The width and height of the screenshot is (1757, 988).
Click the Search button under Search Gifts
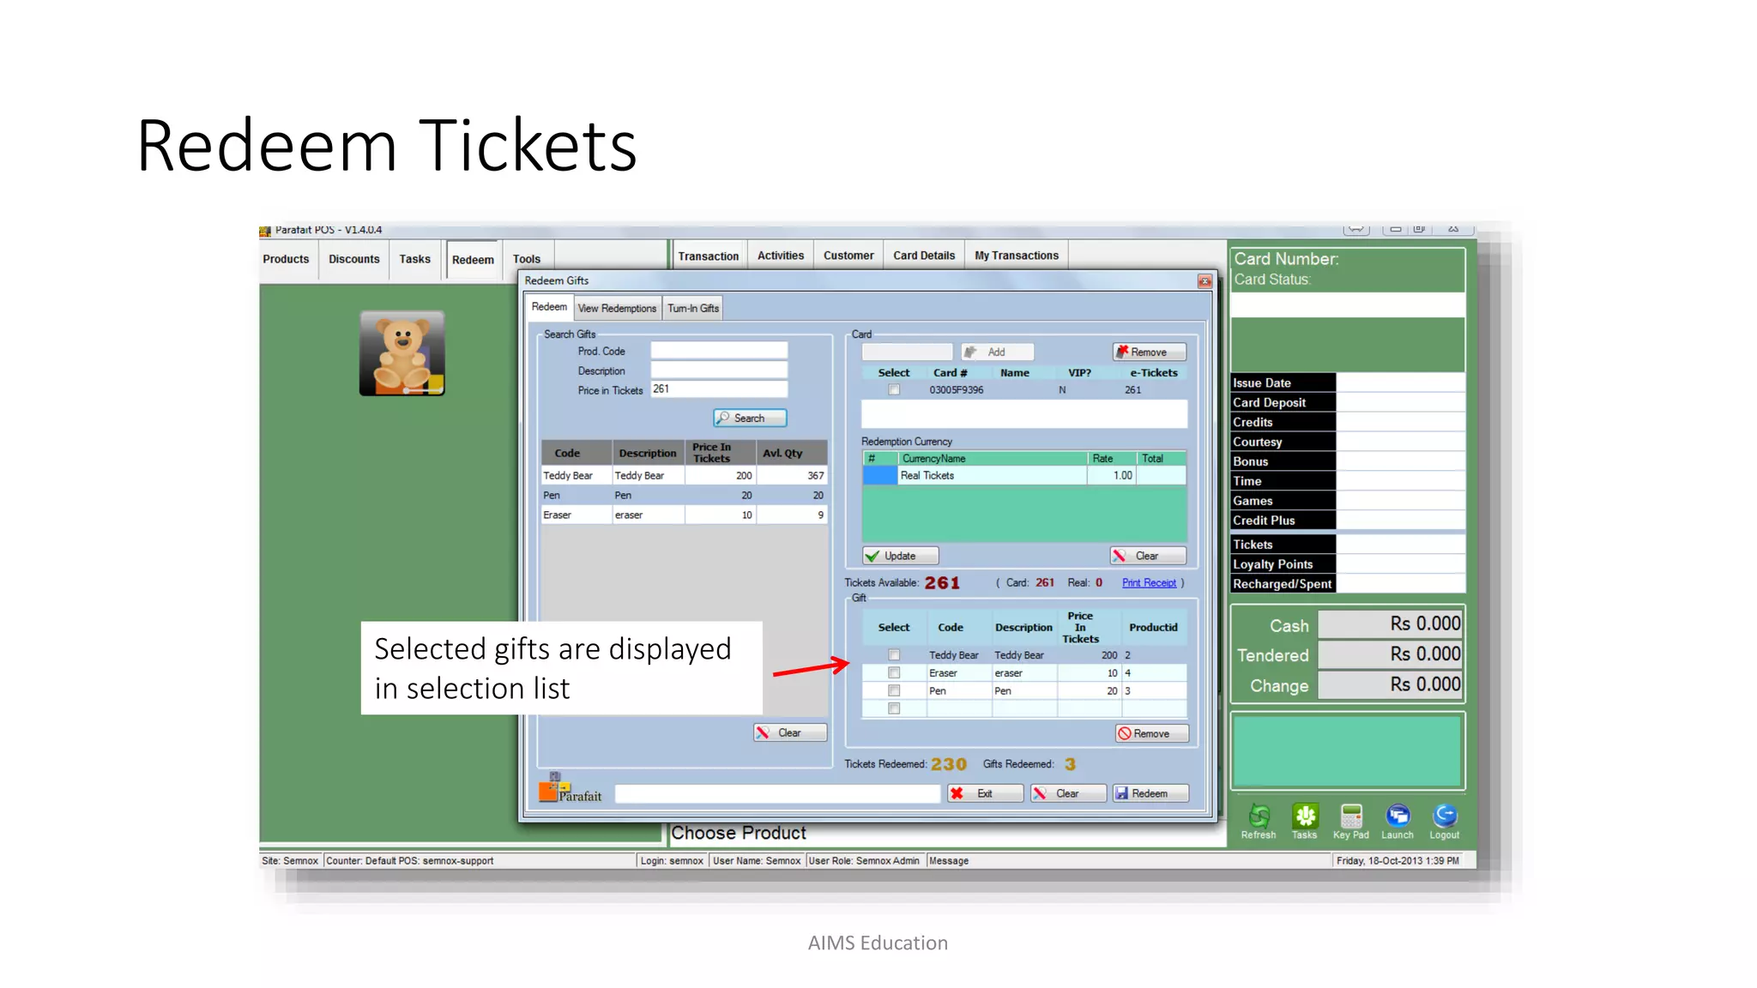tap(749, 418)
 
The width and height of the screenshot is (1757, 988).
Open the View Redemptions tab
tap(617, 308)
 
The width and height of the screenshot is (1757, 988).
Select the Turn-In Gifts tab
tap(692, 308)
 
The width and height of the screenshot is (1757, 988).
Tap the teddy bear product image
tap(402, 353)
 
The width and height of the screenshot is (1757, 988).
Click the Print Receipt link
tap(1149, 583)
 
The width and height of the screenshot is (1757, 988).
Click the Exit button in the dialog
tap(984, 793)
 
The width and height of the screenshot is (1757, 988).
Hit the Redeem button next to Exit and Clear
tap(1150, 793)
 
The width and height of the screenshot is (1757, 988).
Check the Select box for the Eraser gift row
tap(894, 673)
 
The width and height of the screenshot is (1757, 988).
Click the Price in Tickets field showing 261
tap(718, 389)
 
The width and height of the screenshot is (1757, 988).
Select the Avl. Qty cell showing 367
tap(792, 476)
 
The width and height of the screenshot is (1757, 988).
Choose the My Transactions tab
tap(1016, 256)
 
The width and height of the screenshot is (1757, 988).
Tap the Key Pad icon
tap(1350, 819)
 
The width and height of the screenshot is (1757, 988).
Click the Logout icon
tap(1444, 819)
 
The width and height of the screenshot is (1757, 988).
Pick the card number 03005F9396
tap(956, 390)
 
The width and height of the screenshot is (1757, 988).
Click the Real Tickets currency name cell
tap(991, 476)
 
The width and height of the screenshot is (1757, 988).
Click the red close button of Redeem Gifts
tap(1205, 281)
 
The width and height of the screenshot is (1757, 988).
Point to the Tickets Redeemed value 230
tap(948, 764)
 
